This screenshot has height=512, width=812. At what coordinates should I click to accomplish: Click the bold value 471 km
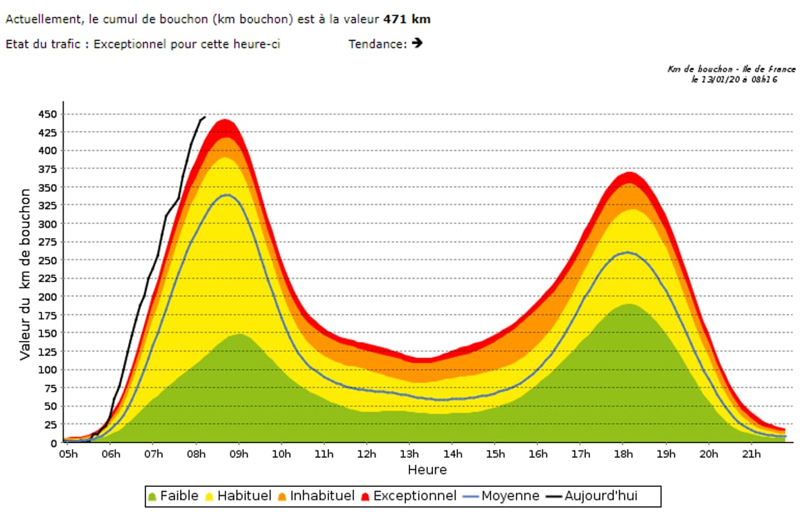(x=407, y=19)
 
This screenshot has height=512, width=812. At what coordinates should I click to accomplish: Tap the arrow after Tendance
(x=417, y=43)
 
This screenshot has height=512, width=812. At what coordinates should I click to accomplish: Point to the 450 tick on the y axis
(x=48, y=114)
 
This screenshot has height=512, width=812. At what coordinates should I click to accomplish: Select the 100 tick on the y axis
(x=48, y=369)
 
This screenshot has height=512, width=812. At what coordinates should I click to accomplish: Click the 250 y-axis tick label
(x=48, y=260)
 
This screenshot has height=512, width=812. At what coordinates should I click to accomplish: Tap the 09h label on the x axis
(x=239, y=454)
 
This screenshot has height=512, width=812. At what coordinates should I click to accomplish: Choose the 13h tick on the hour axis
(x=409, y=454)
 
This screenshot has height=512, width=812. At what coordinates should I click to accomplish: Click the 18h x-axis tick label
(x=623, y=454)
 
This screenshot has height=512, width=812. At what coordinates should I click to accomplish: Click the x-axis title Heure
(x=427, y=469)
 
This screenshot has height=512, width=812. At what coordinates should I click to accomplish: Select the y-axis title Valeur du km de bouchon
(x=25, y=274)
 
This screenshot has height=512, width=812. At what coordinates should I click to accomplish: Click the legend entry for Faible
(x=173, y=496)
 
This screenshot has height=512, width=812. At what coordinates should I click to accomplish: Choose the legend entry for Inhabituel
(x=315, y=496)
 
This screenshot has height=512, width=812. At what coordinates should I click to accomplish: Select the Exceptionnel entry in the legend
(x=407, y=496)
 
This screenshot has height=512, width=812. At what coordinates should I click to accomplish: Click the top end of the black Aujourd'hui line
(x=204, y=117)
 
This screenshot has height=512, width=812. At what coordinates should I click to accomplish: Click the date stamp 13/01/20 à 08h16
(x=734, y=79)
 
